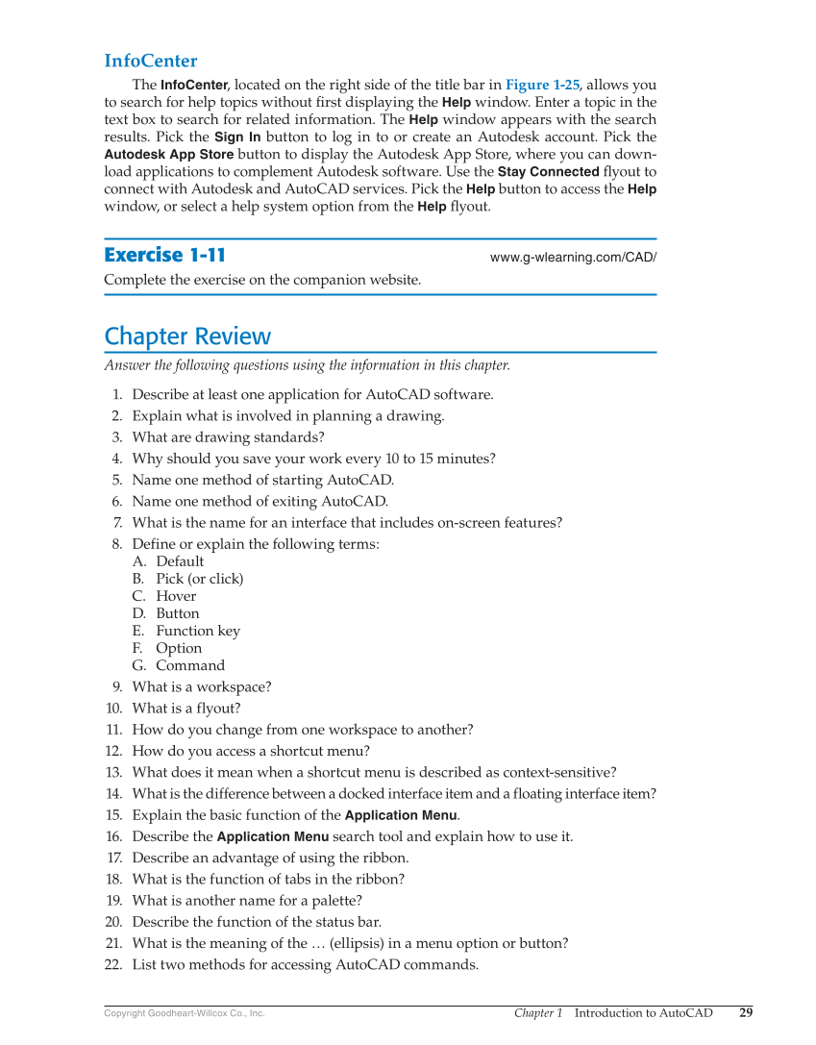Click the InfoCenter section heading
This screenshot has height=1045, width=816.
(150, 62)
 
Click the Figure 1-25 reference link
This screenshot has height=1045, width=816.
(541, 85)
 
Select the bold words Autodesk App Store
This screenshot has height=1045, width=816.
(168, 154)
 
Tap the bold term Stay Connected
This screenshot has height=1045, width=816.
(548, 171)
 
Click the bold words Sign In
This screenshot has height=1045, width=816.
(237, 137)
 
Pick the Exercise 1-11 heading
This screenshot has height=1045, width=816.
(164, 255)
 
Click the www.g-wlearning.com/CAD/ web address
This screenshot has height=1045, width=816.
(573, 258)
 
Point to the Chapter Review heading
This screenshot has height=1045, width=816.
(187, 336)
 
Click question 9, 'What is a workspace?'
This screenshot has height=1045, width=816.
(201, 686)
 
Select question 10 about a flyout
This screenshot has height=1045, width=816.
(186, 709)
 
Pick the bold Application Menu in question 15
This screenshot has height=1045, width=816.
(401, 815)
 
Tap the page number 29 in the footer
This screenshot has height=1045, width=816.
(746, 1012)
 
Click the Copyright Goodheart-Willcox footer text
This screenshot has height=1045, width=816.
(184, 1013)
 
